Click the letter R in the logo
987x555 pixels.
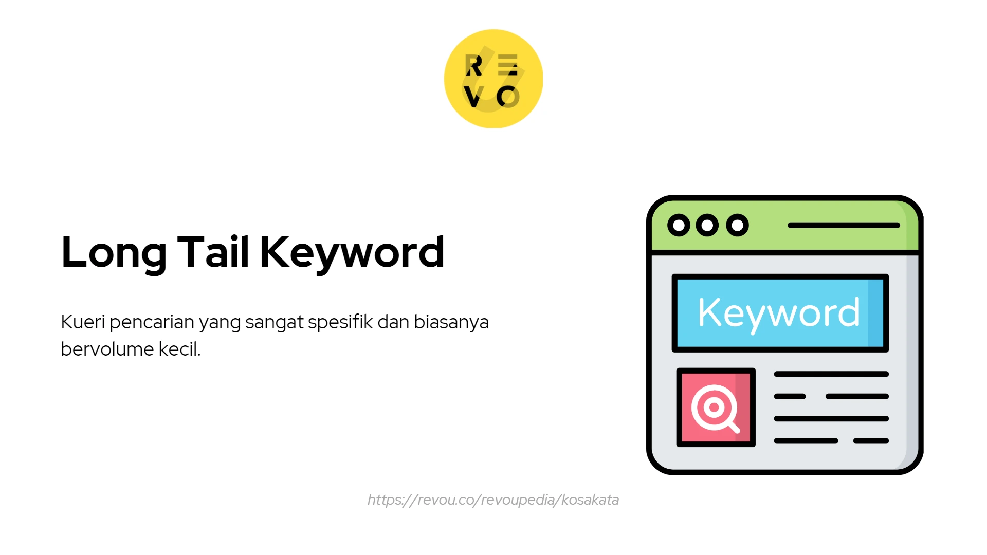(x=473, y=65)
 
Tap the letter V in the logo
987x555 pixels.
(x=473, y=97)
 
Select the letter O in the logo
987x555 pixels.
(x=508, y=97)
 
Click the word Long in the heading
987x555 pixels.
(x=114, y=253)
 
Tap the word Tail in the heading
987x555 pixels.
(x=213, y=252)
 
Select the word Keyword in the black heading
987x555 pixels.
(x=352, y=253)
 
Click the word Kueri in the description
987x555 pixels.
(x=83, y=322)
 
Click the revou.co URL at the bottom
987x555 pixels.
(x=493, y=500)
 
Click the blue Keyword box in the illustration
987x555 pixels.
(x=780, y=313)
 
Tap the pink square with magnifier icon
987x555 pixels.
(x=716, y=408)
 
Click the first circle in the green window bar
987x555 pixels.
(x=679, y=225)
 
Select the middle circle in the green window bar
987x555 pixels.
(x=707, y=225)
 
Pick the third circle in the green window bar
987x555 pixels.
(x=737, y=225)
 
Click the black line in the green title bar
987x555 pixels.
(x=844, y=225)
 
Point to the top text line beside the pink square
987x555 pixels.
(x=831, y=374)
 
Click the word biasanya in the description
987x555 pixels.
(x=451, y=322)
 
